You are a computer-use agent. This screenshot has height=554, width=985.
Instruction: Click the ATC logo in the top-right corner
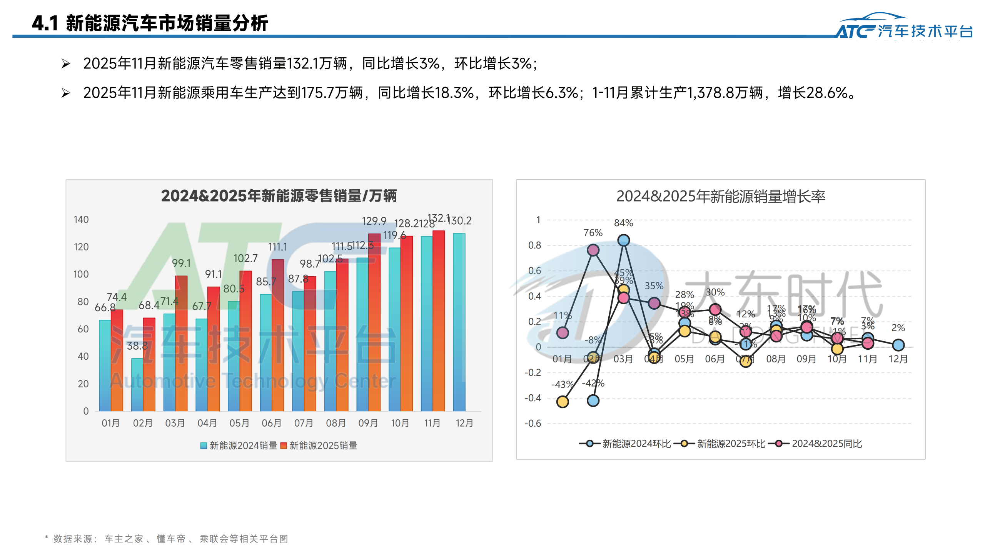(x=904, y=27)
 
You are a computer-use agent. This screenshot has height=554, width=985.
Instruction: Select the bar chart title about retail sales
(x=279, y=196)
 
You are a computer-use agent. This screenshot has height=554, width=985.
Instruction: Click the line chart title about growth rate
(x=721, y=197)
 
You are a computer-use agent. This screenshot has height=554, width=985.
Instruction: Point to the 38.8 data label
(x=137, y=346)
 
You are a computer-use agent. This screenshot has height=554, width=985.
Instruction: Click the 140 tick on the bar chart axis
(x=81, y=220)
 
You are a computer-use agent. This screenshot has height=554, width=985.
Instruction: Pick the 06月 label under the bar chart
(x=272, y=423)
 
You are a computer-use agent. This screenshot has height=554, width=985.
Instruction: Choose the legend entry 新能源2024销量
(x=239, y=446)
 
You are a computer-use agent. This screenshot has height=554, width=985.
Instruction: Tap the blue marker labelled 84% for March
(x=624, y=240)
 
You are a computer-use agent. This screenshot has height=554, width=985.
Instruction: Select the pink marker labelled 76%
(x=593, y=250)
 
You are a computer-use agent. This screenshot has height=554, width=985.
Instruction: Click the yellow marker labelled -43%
(x=563, y=402)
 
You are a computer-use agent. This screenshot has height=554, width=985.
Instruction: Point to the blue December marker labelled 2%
(x=898, y=345)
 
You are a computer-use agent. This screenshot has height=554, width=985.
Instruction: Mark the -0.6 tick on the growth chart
(x=533, y=424)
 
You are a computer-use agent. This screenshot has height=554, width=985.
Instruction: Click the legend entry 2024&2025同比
(x=820, y=444)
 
